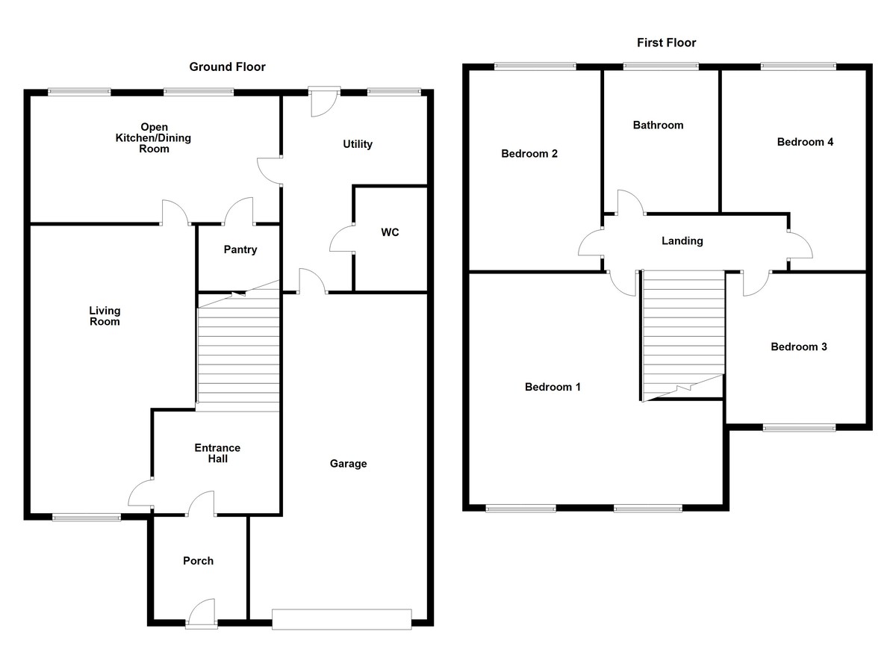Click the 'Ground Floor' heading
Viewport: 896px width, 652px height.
pos(227,67)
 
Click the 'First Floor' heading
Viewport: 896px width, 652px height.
pos(666,43)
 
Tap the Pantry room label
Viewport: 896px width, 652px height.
pos(240,249)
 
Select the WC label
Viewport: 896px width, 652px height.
pos(390,232)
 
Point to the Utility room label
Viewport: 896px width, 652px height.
pos(357,144)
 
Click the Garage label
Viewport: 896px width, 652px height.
pos(349,464)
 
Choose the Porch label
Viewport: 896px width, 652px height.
pos(198,561)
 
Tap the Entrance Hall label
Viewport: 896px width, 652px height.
pos(217,453)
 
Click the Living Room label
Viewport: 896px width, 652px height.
pos(105,316)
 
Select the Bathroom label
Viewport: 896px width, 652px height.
pos(658,125)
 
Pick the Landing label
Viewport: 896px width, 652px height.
pos(682,240)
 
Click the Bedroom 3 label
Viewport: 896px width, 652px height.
pos(798,347)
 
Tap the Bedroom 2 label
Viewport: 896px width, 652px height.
pos(529,154)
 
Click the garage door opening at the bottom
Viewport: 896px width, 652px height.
pos(341,619)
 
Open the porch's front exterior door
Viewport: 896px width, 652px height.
pos(200,614)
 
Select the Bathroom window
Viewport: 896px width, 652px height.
pos(661,66)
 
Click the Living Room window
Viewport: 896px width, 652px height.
pos(86,516)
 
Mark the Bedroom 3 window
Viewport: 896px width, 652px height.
pos(799,428)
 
